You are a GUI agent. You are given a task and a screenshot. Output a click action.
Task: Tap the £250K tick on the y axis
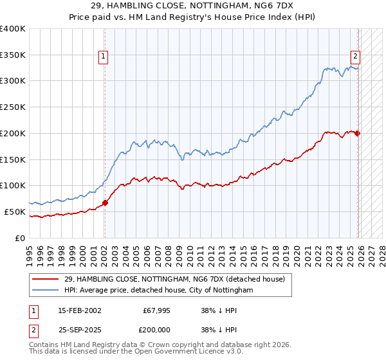coord(13,107)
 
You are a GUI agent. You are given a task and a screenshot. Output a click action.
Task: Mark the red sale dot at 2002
coord(106,203)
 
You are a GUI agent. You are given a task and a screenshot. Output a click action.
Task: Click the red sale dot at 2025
coord(358,133)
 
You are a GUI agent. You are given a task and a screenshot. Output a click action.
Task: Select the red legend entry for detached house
coord(179,279)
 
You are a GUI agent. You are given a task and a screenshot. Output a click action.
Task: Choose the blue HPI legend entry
coord(159,291)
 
